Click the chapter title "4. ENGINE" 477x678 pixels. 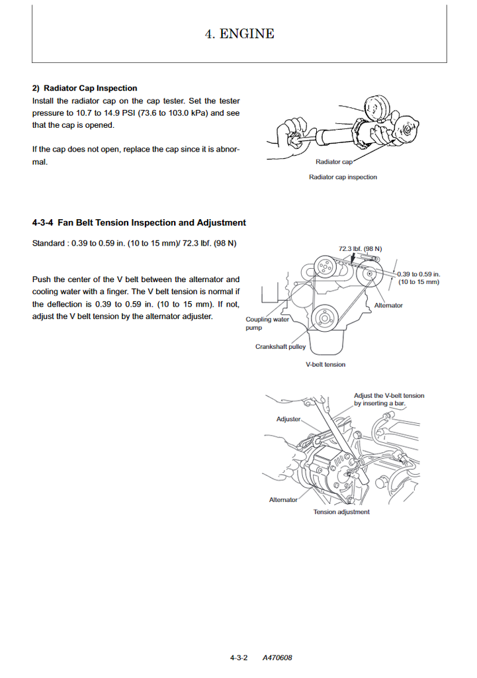tap(239, 34)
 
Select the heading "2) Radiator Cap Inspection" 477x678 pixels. tap(85, 88)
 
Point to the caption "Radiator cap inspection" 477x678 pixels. tap(343, 177)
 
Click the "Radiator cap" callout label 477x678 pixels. tap(333, 162)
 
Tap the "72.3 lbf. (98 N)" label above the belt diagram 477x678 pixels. tap(360, 249)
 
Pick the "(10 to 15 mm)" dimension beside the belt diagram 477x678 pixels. tap(419, 282)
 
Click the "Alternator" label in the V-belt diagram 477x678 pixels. tap(388, 305)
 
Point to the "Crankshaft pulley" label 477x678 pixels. tap(281, 347)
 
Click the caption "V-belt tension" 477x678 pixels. tap(325, 364)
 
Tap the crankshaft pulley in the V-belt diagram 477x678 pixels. tap(325, 318)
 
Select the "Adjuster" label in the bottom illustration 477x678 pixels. tap(288, 419)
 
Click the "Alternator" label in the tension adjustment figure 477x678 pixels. tap(283, 500)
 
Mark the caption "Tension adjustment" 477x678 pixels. tap(341, 512)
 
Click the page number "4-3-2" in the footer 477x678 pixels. tap(239, 657)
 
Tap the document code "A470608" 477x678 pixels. tap(277, 657)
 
